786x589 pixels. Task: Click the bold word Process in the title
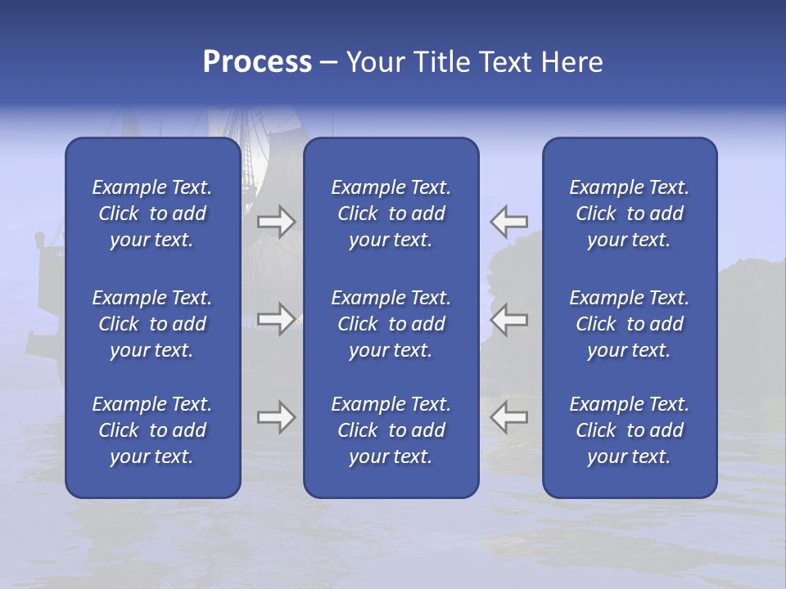257,62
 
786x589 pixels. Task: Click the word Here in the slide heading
572,62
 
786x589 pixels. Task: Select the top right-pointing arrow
277,221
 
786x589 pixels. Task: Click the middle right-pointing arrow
277,318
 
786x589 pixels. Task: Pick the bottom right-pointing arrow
277,417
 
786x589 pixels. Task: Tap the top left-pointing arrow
509,221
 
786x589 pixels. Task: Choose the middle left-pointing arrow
509,318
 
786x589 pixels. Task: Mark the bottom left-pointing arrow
509,417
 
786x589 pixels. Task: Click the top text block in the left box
152,214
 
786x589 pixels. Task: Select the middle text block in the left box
152,324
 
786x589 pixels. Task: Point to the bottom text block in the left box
152,430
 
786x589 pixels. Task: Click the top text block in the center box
391,214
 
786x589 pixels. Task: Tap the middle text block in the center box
391,324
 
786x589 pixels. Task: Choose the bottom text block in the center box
391,430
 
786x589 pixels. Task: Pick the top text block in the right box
630,214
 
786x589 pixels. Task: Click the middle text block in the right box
630,324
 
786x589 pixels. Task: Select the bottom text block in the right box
630,430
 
